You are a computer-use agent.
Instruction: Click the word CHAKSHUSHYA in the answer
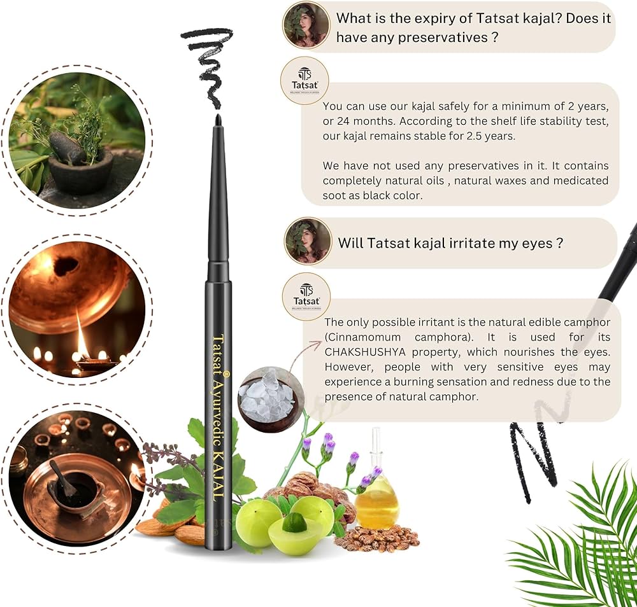click(x=365, y=352)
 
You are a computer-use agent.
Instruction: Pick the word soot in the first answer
click(x=333, y=195)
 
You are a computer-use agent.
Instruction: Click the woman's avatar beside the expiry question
click(x=306, y=25)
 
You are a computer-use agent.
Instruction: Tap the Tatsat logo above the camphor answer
click(x=306, y=297)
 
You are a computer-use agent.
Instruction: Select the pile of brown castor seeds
click(x=378, y=538)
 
